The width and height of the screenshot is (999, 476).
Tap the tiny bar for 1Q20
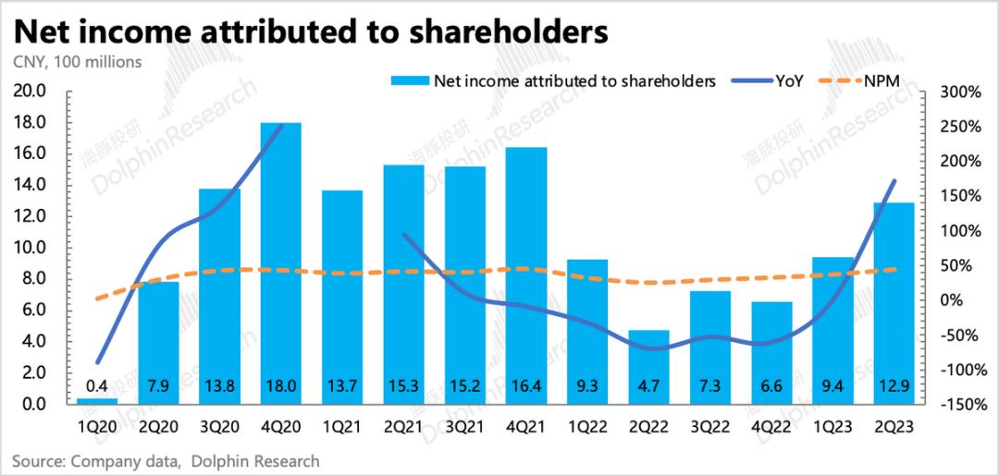(97, 401)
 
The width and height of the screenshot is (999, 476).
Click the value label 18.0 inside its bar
(280, 382)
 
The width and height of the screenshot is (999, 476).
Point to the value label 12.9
(894, 382)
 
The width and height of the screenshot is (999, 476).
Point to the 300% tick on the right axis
(958, 92)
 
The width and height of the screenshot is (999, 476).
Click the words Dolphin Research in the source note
(255, 460)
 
